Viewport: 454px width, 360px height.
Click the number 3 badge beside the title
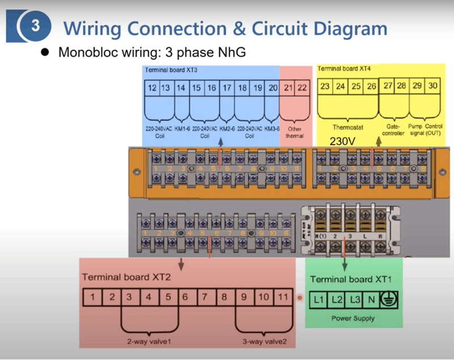click(x=35, y=27)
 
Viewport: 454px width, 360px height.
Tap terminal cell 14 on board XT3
click(x=180, y=88)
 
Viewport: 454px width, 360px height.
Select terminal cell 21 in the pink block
click(x=288, y=88)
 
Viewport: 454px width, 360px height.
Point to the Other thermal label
click(x=295, y=132)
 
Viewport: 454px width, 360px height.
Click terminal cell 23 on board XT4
click(x=325, y=86)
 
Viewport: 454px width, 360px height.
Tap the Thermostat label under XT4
click(x=347, y=128)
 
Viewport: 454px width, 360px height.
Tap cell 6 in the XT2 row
click(x=185, y=297)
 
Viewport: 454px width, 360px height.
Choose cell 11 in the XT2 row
click(x=283, y=297)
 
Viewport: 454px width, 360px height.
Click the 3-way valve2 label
click(x=264, y=342)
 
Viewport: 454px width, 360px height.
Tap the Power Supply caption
click(x=353, y=318)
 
